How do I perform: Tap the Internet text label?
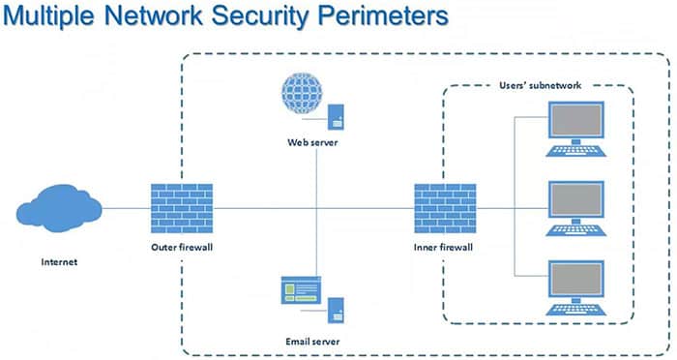point(60,261)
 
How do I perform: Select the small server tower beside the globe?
point(336,117)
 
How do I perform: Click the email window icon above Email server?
point(301,290)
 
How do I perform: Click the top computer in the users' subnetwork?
point(578,128)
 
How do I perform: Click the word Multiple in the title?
point(57,18)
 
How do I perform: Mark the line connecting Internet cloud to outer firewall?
point(126,208)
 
